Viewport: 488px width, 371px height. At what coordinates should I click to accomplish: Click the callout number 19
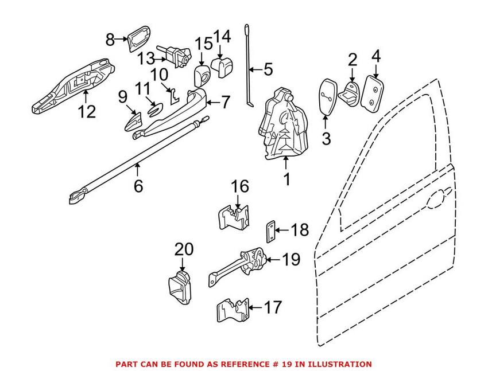tap(291, 260)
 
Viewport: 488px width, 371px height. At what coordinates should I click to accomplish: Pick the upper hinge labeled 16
tap(233, 217)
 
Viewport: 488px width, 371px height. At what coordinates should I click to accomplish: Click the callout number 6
tap(138, 187)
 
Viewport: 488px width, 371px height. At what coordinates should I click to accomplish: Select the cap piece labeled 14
tap(221, 65)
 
